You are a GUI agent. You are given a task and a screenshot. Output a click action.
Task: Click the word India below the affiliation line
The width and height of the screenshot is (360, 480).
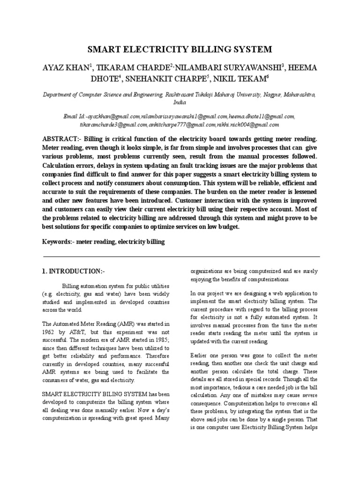click(180, 101)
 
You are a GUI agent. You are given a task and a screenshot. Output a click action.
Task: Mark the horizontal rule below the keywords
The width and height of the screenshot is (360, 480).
click(181, 256)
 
